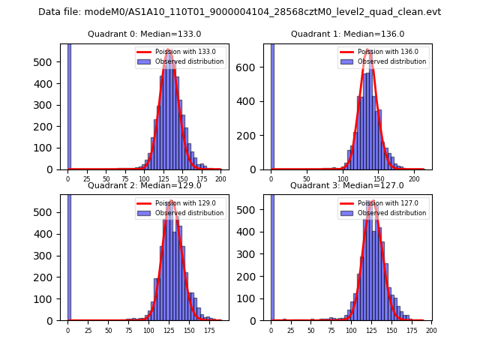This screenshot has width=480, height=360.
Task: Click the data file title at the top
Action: pos(239,12)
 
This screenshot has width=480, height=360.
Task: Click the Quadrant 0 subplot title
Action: pos(144,34)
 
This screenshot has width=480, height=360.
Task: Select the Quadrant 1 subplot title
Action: pos(347,34)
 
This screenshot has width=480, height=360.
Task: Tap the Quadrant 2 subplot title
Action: pos(144,185)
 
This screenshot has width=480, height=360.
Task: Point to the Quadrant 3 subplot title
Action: pos(347,185)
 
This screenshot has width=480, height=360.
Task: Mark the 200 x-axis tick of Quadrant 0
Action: pos(220,179)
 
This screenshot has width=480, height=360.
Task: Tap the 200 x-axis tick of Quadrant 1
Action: pos(414,179)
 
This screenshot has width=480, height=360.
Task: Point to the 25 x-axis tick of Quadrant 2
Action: pos(88,330)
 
